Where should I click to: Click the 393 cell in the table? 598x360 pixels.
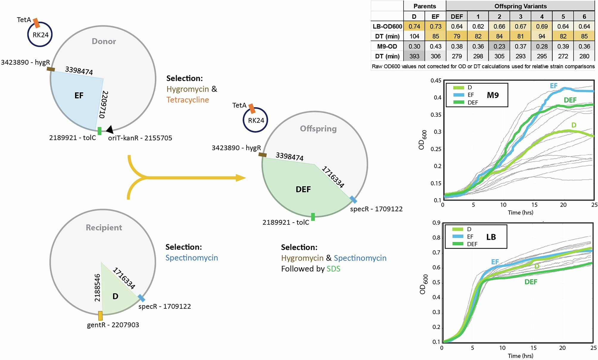pyautogui.click(x=414, y=56)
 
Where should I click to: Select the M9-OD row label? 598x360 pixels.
pyautogui.click(x=387, y=46)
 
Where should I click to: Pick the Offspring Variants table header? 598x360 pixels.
pyautogui.click(x=520, y=6)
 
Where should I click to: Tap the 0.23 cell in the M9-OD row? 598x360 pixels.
pyautogui.click(x=499, y=46)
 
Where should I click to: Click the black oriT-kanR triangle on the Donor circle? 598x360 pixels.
pyautogui.click(x=110, y=129)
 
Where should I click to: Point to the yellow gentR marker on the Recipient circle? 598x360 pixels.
pyautogui.click(x=100, y=316)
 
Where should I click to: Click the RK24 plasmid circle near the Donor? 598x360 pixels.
pyautogui.click(x=40, y=35)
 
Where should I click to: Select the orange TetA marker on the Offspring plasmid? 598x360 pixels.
pyautogui.click(x=252, y=108)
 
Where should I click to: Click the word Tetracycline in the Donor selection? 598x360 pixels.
pyautogui.click(x=188, y=100)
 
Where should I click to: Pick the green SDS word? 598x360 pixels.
pyautogui.click(x=333, y=269)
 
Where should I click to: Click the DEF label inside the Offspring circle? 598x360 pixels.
pyautogui.click(x=303, y=189)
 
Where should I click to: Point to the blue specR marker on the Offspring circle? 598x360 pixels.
pyautogui.click(x=353, y=199)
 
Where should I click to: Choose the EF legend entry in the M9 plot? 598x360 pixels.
pyautogui.click(x=464, y=95)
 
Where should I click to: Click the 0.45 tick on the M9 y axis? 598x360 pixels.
pyautogui.click(x=436, y=80)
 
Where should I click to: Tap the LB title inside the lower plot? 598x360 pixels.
pyautogui.click(x=491, y=237)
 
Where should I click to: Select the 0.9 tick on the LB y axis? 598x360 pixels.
pyautogui.click(x=436, y=223)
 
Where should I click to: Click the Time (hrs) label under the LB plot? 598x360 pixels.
pyautogui.click(x=520, y=356)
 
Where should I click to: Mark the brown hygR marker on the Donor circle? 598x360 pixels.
pyautogui.click(x=51, y=69)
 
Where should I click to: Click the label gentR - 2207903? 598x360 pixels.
pyautogui.click(x=113, y=325)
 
